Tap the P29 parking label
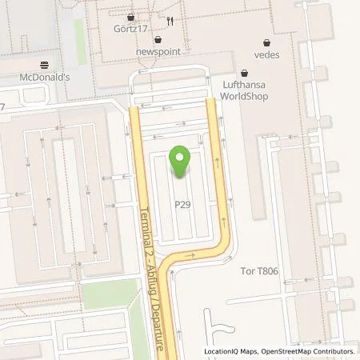point(183,204)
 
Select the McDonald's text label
point(44,78)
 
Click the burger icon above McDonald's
point(44,66)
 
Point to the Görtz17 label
point(130,29)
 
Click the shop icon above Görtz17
point(130,17)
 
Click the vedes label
point(266,54)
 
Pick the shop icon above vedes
point(266,42)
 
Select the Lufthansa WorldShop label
point(245,90)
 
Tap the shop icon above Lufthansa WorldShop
point(245,72)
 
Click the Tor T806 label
point(260,271)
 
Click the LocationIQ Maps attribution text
point(231,351)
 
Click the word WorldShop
point(245,97)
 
